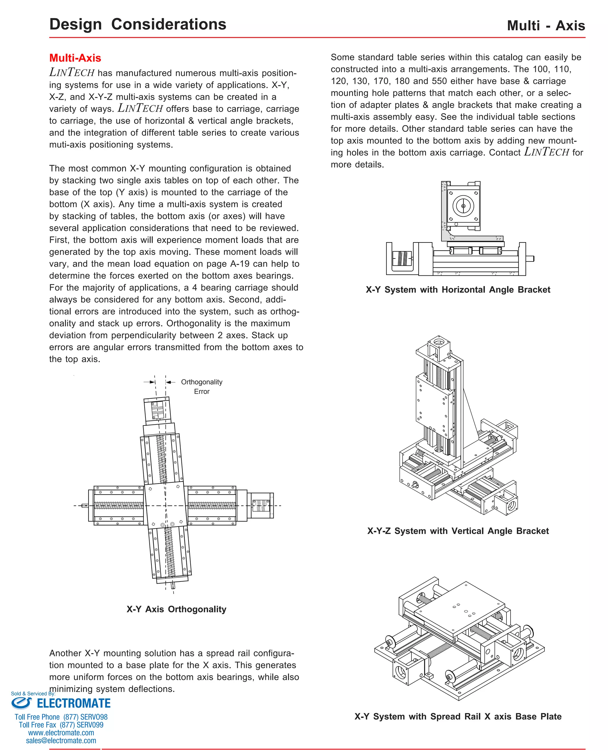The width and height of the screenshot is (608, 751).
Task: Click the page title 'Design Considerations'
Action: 138,24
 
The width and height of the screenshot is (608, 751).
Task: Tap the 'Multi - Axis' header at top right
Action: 546,26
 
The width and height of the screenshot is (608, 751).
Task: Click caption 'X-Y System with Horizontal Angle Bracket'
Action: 458,289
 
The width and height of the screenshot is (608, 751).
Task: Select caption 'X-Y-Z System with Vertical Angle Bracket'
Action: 458,531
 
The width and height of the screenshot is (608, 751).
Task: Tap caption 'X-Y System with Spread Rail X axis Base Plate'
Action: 458,716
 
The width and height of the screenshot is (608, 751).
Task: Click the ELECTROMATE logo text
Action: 74,704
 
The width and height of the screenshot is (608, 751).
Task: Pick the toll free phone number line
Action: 61,717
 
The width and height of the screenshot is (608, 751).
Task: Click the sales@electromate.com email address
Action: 61,741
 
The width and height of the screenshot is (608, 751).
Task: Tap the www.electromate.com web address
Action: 61,733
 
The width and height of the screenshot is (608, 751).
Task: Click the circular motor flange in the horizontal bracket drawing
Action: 463,206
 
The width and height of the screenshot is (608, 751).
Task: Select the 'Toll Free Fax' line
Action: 61,725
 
